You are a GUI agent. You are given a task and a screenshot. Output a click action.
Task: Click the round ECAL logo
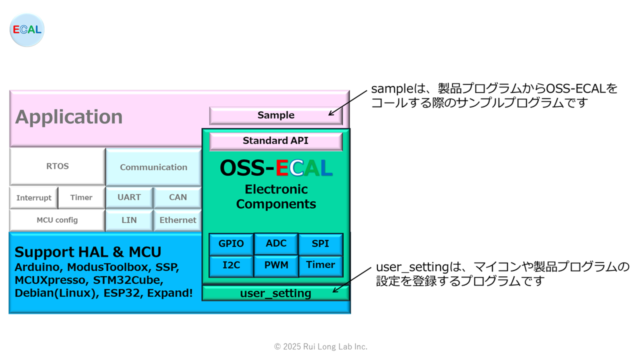pyautogui.click(x=27, y=29)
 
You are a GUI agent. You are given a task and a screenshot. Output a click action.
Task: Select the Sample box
pyautogui.click(x=275, y=115)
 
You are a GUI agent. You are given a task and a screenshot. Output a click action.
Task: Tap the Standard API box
pyautogui.click(x=275, y=141)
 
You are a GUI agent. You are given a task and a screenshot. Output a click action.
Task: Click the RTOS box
pyautogui.click(x=57, y=166)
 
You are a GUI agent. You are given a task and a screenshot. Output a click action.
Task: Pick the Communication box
pyautogui.click(x=153, y=167)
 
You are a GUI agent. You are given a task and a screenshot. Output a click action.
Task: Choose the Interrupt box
pyautogui.click(x=33, y=197)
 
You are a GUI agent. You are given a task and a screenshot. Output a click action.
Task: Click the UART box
pyautogui.click(x=129, y=197)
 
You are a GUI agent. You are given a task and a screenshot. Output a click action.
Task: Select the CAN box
pyautogui.click(x=177, y=197)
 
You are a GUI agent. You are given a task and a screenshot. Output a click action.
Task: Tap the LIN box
pyautogui.click(x=129, y=220)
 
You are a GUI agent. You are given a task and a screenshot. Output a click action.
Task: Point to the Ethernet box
pyautogui.click(x=177, y=220)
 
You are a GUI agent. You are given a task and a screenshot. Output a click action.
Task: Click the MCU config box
pyautogui.click(x=57, y=220)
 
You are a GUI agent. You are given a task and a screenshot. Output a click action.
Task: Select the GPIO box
pyautogui.click(x=231, y=244)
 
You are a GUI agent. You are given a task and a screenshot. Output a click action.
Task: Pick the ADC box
pyautogui.click(x=276, y=243)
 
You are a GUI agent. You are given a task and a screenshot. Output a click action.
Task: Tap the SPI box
pyautogui.click(x=320, y=244)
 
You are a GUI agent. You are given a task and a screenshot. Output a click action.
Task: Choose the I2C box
pyautogui.click(x=231, y=266)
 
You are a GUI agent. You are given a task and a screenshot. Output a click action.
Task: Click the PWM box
pyautogui.click(x=276, y=266)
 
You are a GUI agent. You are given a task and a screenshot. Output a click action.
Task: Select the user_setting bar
pyautogui.click(x=275, y=293)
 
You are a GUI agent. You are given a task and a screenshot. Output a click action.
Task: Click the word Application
pyautogui.click(x=69, y=117)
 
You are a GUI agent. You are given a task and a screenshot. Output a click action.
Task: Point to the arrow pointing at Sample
pyautogui.click(x=347, y=103)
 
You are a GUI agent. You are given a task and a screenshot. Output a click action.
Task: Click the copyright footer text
pyautogui.click(x=320, y=346)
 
